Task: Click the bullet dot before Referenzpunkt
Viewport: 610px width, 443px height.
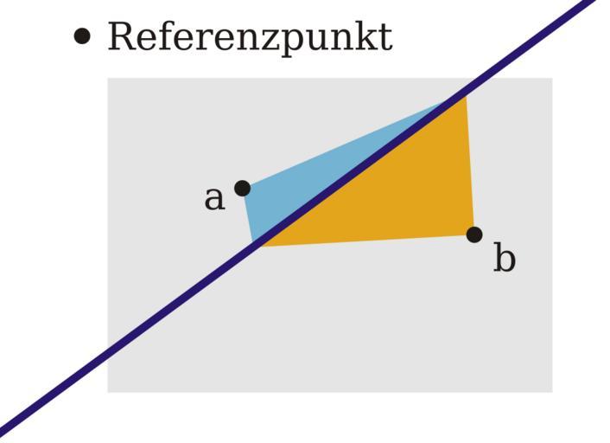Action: point(82,36)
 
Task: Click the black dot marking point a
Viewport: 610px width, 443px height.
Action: point(243,189)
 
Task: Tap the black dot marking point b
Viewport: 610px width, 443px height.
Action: point(474,234)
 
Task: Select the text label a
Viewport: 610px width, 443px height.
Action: point(214,199)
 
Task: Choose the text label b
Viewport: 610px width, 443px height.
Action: point(505,258)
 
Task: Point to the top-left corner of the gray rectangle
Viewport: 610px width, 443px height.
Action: point(107,78)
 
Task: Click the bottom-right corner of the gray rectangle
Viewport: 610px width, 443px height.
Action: point(552,393)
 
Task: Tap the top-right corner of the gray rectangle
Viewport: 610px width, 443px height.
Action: point(552,78)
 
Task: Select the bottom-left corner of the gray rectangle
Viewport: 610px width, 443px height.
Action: point(107,393)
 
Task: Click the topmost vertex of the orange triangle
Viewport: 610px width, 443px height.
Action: point(467,94)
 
